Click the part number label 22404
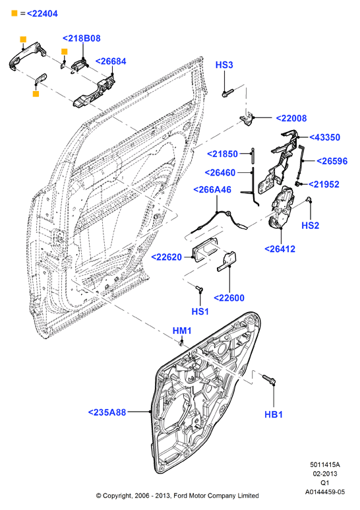(x=42, y=14)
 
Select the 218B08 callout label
(x=82, y=38)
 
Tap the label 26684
(x=111, y=61)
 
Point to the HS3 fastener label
(x=224, y=65)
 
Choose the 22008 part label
(x=291, y=118)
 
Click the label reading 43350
(x=324, y=137)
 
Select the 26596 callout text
(x=332, y=161)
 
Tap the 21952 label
(x=324, y=185)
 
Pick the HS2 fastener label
(x=311, y=226)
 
